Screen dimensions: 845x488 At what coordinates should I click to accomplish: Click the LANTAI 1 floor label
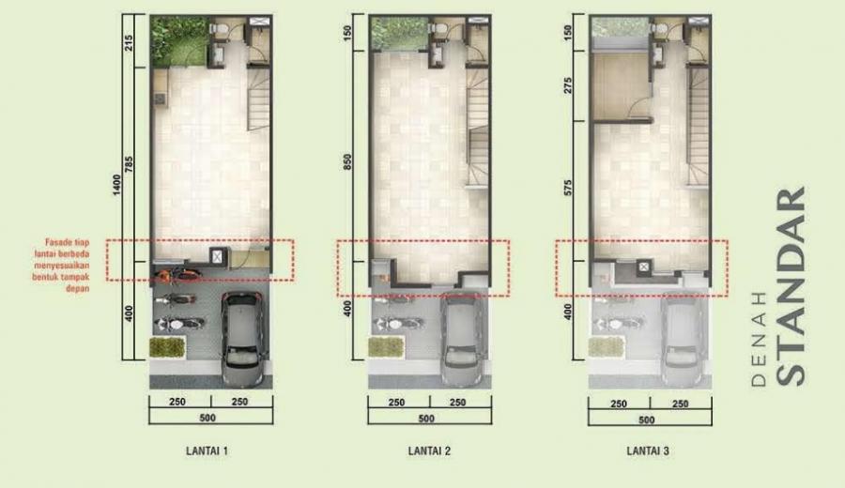pyautogui.click(x=207, y=450)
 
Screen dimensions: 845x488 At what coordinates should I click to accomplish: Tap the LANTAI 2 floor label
pyautogui.click(x=429, y=450)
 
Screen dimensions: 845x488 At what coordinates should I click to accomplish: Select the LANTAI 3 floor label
pyautogui.click(x=648, y=450)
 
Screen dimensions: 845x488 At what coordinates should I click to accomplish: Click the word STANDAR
pyautogui.click(x=791, y=286)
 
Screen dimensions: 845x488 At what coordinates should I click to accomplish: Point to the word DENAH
pyautogui.click(x=759, y=340)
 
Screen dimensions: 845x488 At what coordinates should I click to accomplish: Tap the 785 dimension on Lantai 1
pyautogui.click(x=129, y=164)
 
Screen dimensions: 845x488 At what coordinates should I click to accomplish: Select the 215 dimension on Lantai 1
pyautogui.click(x=129, y=42)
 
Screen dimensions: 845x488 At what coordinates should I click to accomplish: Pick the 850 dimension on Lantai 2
pyautogui.click(x=347, y=162)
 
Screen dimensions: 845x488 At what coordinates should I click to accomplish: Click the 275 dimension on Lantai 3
pyautogui.click(x=567, y=85)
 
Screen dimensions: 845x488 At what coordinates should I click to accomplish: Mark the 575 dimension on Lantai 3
pyautogui.click(x=567, y=188)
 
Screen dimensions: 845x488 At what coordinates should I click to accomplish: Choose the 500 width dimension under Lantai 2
pyautogui.click(x=426, y=419)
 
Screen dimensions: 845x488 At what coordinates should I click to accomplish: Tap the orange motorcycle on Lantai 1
pyautogui.click(x=177, y=275)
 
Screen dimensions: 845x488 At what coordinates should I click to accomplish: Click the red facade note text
pyautogui.click(x=61, y=266)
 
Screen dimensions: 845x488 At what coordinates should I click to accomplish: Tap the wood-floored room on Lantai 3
pyautogui.click(x=620, y=86)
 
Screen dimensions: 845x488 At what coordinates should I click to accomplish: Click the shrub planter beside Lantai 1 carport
pyautogui.click(x=168, y=347)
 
